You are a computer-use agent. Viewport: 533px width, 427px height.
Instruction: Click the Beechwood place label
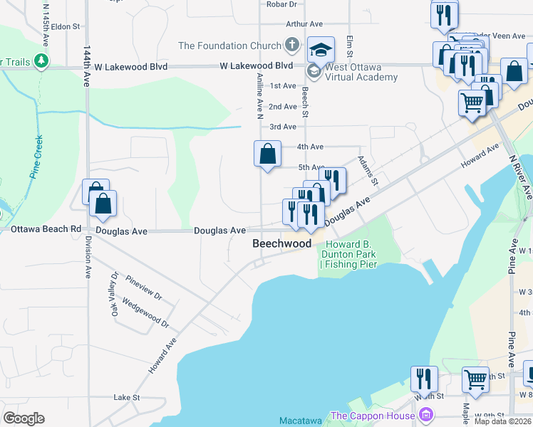point(282,243)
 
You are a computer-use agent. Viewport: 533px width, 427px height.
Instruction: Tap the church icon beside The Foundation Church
point(291,46)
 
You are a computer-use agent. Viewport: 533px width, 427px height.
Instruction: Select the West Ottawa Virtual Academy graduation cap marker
point(321,50)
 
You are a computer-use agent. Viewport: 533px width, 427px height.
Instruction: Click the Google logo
point(23,418)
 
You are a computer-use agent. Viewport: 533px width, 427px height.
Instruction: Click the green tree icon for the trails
point(43,61)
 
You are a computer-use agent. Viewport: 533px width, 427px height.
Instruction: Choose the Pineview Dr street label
point(143,288)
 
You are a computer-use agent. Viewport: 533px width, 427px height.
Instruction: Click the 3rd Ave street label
point(283,127)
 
